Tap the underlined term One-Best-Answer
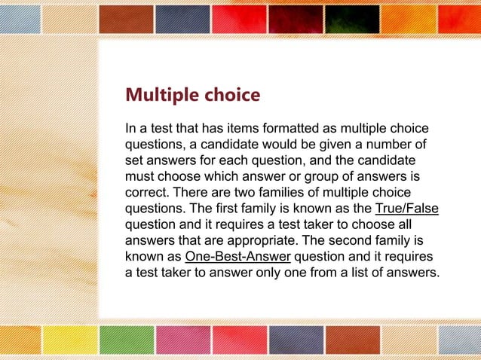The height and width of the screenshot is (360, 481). (237, 256)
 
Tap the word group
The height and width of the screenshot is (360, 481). (315, 176)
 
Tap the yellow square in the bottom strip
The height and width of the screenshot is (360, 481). (69, 340)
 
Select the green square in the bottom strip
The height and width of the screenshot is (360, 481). (125, 340)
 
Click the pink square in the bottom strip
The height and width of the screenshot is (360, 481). (182, 340)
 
